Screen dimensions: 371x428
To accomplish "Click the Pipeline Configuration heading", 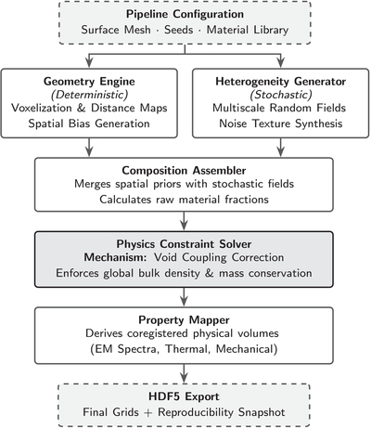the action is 185,14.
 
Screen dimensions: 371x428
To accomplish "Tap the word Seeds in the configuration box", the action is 179,30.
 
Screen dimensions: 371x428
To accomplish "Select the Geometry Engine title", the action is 89,82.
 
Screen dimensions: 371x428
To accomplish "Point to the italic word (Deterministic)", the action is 89,95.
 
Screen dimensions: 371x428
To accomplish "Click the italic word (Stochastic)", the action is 281,95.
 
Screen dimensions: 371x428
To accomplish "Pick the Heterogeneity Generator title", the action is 281,82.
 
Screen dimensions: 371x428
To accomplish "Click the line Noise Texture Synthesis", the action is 281,123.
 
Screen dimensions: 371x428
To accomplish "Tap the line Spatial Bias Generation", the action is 89,123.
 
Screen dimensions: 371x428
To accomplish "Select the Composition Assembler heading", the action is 184,171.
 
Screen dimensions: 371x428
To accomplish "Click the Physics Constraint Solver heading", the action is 184,244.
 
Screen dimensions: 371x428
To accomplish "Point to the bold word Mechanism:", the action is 116,257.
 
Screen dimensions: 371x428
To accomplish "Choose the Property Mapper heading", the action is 184,320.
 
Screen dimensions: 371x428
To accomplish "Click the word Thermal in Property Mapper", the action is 187,349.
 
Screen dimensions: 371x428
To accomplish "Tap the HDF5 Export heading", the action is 184,396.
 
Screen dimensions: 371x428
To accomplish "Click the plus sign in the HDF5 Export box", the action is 148,413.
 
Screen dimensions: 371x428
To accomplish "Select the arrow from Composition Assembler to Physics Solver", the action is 185,221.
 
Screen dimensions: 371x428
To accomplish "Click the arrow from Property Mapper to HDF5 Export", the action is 185,373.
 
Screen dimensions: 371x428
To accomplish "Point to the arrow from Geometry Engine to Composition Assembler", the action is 89,148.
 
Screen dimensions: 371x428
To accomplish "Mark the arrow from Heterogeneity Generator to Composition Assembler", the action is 281,148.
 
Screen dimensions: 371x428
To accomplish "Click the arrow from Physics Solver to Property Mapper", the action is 185,297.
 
